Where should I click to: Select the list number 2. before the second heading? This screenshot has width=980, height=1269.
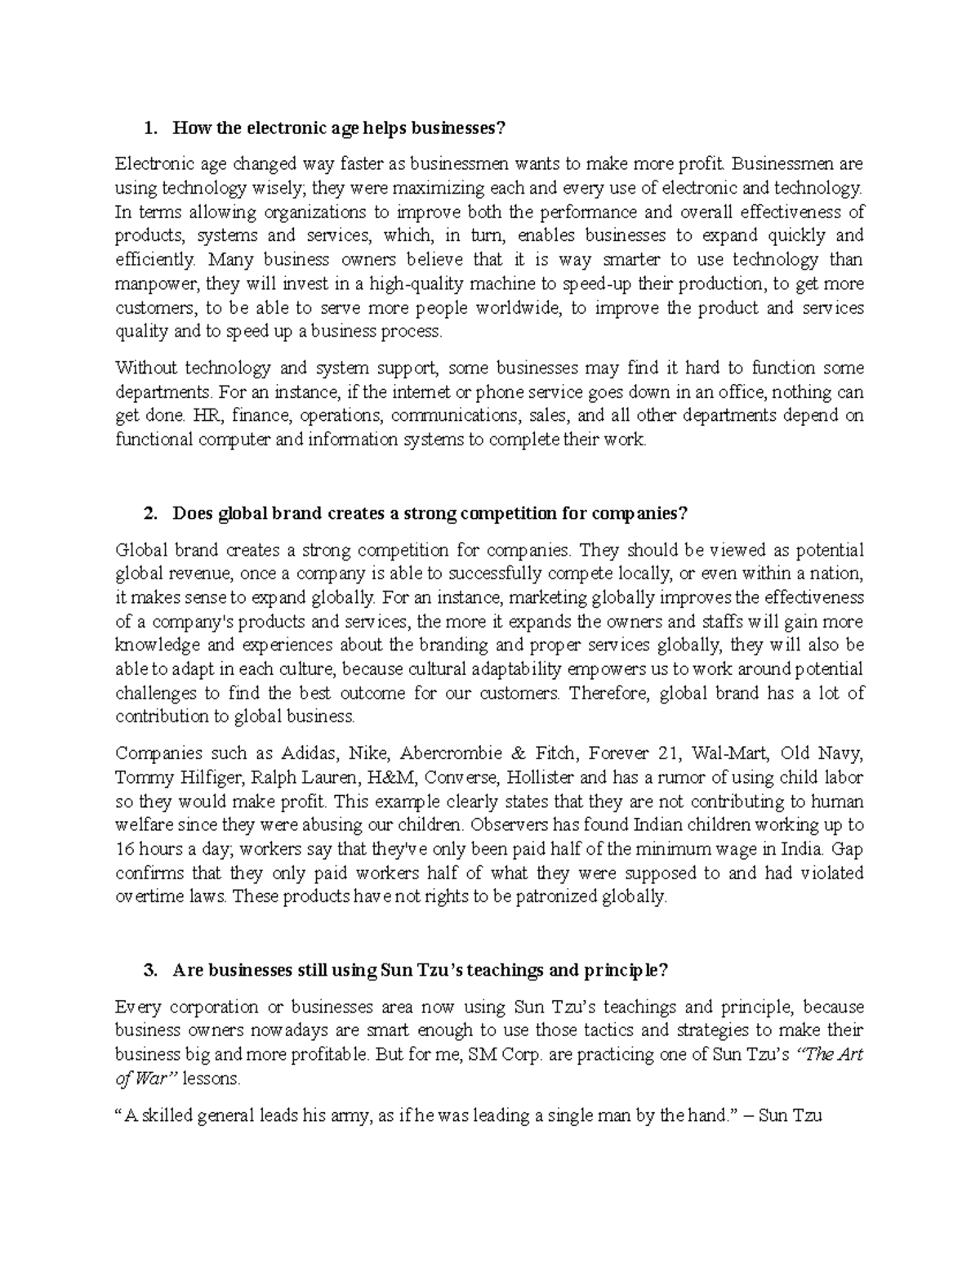pos(149,513)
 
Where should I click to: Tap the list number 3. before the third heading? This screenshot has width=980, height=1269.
pos(149,970)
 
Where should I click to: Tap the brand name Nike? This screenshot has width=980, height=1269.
pos(367,753)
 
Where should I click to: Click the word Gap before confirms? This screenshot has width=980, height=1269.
pos(847,848)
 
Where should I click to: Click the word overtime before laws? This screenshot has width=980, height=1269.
pos(145,896)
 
